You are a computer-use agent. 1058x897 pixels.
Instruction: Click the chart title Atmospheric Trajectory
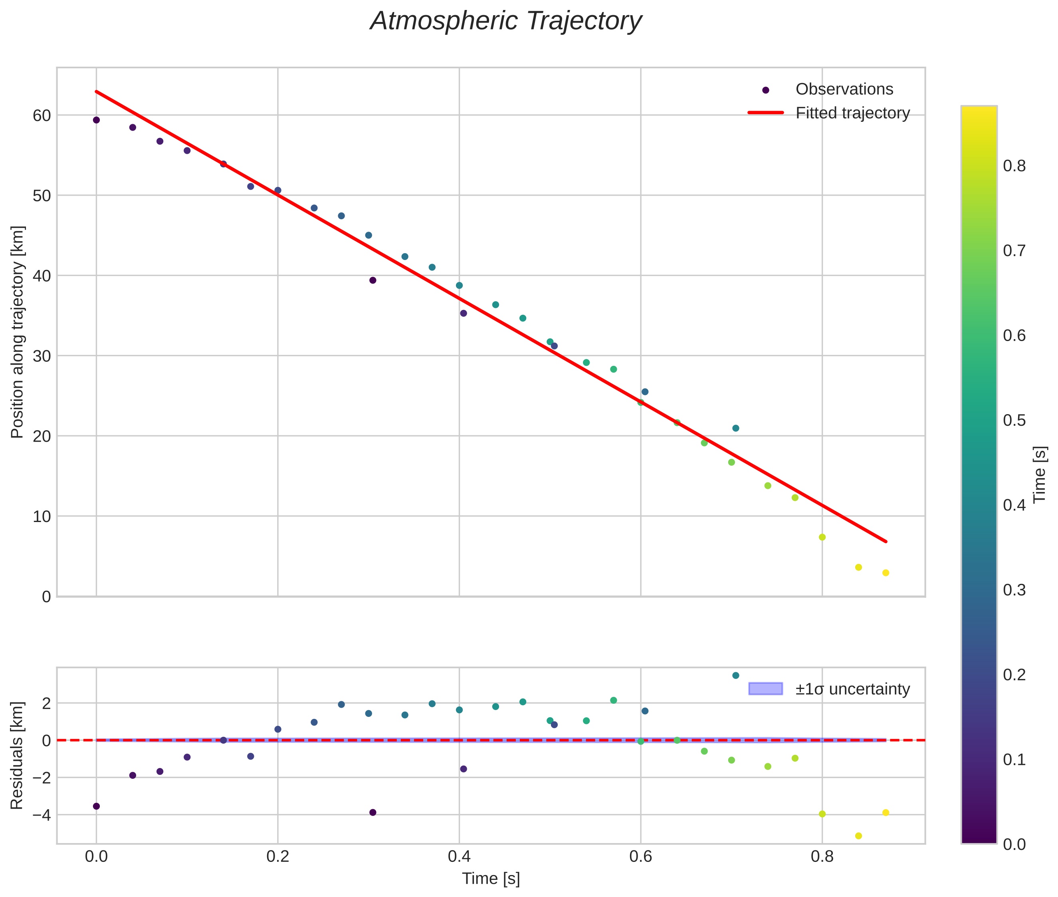click(x=505, y=21)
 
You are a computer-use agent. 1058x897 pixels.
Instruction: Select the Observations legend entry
click(x=844, y=89)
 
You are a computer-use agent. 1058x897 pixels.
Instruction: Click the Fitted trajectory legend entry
click(x=852, y=113)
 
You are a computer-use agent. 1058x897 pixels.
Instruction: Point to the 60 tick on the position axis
click(x=42, y=115)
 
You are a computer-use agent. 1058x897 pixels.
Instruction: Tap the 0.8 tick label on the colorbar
click(x=1014, y=166)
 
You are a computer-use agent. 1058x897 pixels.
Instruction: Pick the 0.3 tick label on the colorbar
click(x=1014, y=590)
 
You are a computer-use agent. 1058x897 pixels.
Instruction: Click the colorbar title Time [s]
click(x=1040, y=474)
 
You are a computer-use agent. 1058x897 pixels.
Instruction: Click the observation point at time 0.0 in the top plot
click(x=96, y=120)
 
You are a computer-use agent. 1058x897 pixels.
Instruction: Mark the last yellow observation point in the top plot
click(x=886, y=573)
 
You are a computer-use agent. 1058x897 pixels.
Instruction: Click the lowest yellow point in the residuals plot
click(x=859, y=836)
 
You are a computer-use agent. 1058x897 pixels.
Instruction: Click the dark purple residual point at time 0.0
click(x=96, y=806)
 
